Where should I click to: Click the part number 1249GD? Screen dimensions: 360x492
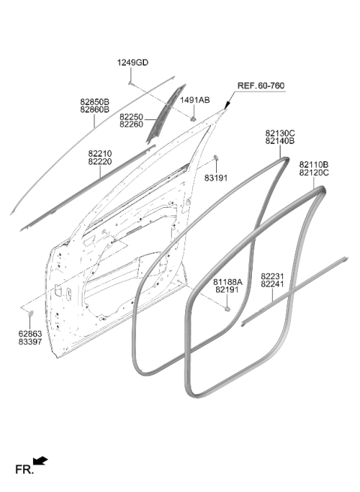[133, 63]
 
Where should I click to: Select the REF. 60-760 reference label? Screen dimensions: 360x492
[261, 85]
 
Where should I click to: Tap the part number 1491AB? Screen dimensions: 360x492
[195, 100]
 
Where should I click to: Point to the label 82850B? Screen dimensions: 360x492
[94, 102]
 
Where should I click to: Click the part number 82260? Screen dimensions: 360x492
[131, 124]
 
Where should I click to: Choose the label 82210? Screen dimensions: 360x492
[100, 154]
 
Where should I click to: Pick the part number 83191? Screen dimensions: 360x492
[216, 178]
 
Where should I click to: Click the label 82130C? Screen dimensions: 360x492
[280, 133]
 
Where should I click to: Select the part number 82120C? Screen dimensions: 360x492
[313, 172]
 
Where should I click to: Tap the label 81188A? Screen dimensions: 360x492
[228, 282]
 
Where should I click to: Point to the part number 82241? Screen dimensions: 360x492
[272, 284]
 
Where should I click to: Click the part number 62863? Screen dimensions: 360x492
[30, 334]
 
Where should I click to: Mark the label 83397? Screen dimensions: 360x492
[30, 342]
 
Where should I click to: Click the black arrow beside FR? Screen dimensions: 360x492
[40, 461]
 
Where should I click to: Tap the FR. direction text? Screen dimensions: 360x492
[24, 469]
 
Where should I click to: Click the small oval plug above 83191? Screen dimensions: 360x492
[216, 157]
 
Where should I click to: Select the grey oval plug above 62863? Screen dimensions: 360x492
[31, 313]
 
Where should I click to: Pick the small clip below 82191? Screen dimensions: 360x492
[227, 309]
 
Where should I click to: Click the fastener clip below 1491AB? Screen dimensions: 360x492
[193, 119]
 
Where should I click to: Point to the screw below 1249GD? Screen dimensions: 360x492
[130, 82]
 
